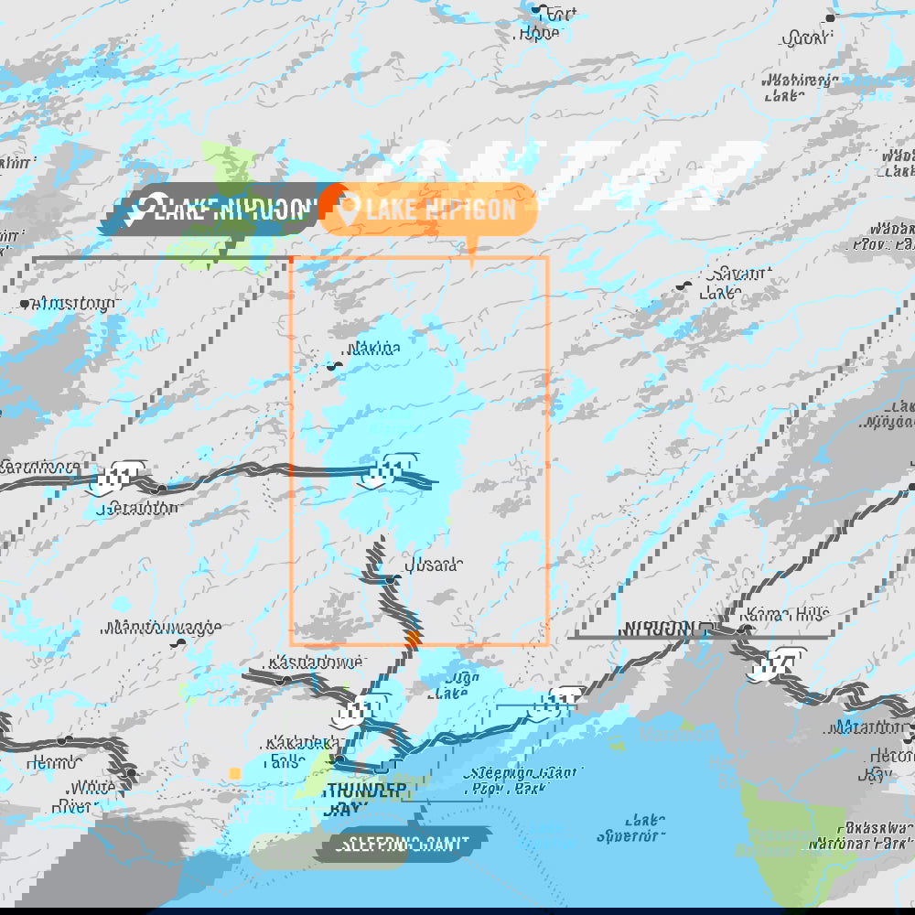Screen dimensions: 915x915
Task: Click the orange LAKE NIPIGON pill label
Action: [428, 209]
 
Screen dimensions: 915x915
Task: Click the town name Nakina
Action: [373, 349]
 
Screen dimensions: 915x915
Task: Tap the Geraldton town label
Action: [141, 508]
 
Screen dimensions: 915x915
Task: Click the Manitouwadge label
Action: [163, 629]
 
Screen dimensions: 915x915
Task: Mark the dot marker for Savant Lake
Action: [683, 285]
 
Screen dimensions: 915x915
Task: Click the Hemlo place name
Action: [54, 761]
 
